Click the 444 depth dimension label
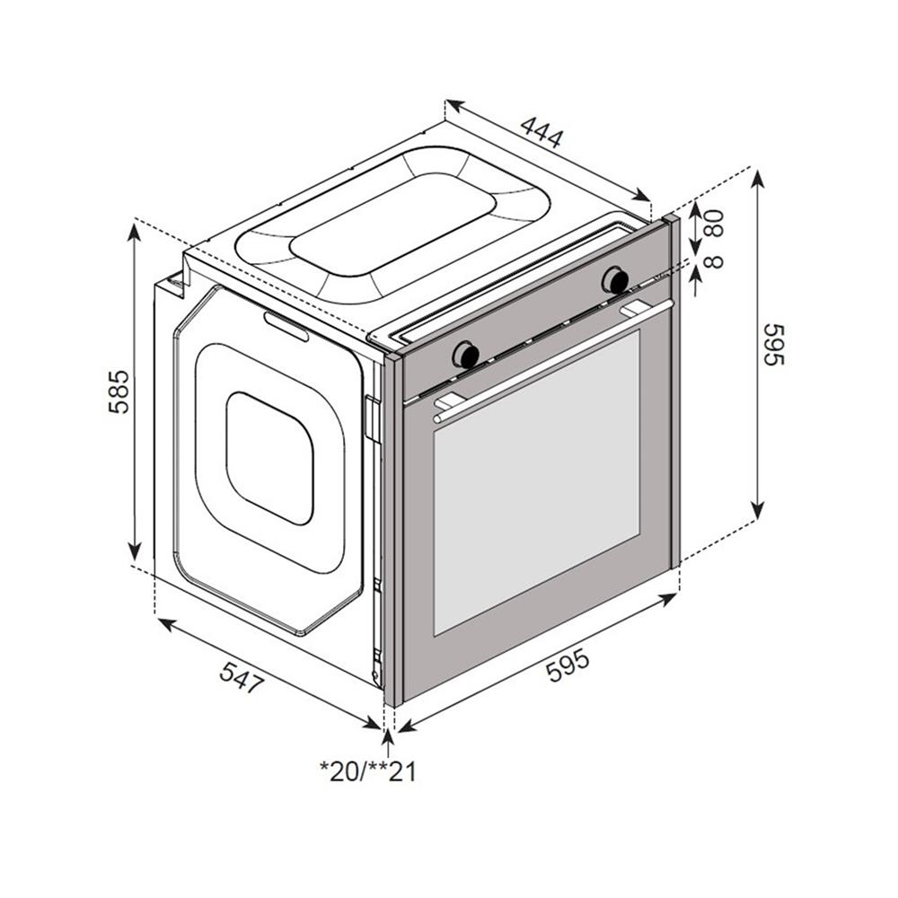coord(541,132)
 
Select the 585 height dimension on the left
coord(119,392)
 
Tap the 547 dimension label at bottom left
coord(242,677)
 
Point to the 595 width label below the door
coord(567,665)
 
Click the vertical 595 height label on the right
coord(773,344)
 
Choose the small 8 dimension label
coord(714,260)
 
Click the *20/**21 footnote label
coord(368,771)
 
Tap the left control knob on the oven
coord(465,355)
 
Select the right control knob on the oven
coord(616,280)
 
